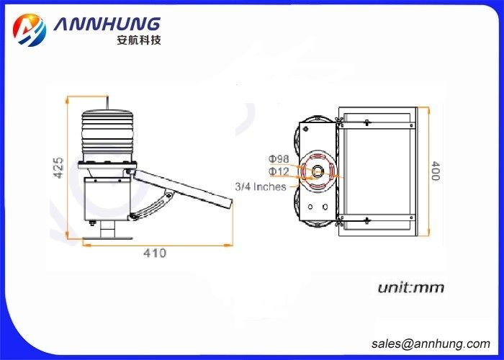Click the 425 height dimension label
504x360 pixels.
[x=58, y=168]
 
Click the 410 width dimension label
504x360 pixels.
[x=155, y=253]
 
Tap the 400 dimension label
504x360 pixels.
[x=435, y=171]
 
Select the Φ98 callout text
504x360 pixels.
[x=279, y=159]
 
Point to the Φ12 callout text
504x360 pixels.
[x=279, y=171]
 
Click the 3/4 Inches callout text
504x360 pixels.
[x=261, y=186]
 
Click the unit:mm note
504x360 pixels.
[x=411, y=288]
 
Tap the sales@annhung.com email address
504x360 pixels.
[x=431, y=344]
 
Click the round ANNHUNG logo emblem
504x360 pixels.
[x=30, y=30]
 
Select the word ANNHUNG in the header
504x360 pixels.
[x=107, y=24]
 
